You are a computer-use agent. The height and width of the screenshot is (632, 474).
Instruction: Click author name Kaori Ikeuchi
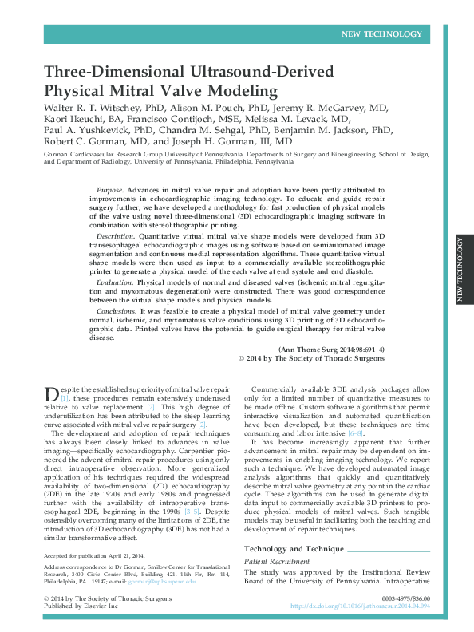tap(74, 118)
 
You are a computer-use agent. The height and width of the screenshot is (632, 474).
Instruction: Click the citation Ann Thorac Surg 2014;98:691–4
tap(331, 350)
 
